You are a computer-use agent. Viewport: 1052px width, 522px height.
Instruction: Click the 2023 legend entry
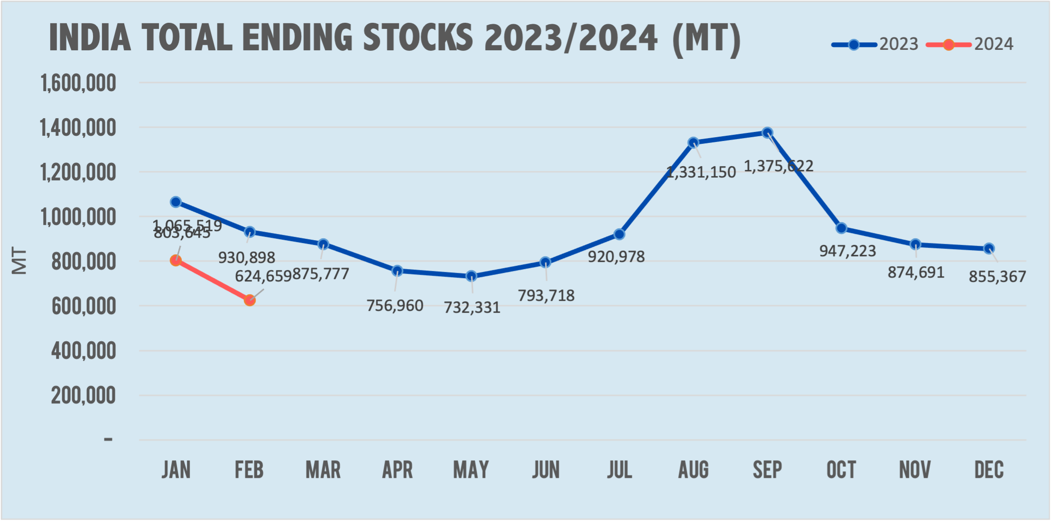(x=875, y=45)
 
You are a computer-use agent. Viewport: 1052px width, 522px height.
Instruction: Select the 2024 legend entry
(x=970, y=45)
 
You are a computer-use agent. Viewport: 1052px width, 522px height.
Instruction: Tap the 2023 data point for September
(x=767, y=132)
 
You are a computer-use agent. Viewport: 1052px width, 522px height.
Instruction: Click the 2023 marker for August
(x=693, y=142)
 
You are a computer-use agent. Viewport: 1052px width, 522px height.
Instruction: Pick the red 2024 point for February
(x=249, y=300)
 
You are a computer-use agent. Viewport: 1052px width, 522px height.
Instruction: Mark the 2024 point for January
(x=175, y=260)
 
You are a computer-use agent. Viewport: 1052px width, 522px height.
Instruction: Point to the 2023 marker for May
(x=471, y=276)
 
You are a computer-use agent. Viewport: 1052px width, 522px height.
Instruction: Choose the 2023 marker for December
(x=989, y=248)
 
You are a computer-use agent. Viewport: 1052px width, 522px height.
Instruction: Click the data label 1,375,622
(x=778, y=166)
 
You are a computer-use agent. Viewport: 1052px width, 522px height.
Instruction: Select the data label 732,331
(x=472, y=308)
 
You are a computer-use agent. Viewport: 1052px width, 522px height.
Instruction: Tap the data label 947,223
(x=848, y=251)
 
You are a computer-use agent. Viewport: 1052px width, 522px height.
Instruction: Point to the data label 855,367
(x=997, y=277)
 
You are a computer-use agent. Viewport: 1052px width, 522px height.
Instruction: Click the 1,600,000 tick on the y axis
(x=78, y=83)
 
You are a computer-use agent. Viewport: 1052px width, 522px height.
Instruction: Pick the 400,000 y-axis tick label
(x=83, y=351)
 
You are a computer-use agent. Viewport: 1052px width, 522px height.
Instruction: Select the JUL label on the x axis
(x=619, y=470)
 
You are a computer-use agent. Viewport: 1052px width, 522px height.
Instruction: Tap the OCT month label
(x=841, y=470)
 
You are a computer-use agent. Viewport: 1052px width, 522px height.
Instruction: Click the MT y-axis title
(x=19, y=261)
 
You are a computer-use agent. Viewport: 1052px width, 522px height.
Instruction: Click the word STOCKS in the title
(x=418, y=37)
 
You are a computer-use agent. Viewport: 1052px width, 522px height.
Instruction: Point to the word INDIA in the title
(x=90, y=37)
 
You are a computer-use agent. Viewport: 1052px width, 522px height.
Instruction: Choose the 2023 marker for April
(x=397, y=271)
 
